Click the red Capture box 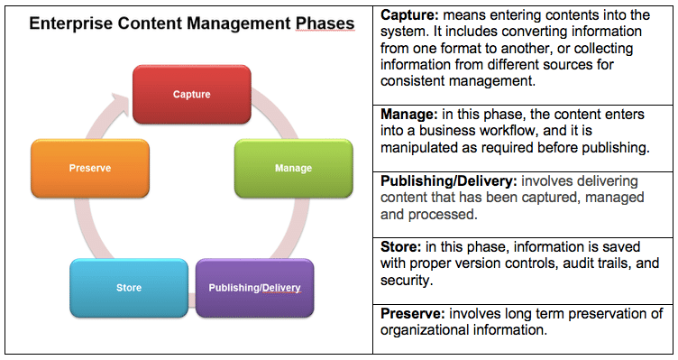click(x=191, y=93)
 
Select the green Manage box click(x=293, y=168)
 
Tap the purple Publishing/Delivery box click(x=255, y=289)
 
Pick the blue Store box click(x=127, y=289)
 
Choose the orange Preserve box click(x=89, y=168)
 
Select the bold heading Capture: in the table click(x=409, y=15)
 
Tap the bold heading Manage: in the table click(x=408, y=115)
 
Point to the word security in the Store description click(x=408, y=282)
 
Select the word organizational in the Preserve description click(x=423, y=331)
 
